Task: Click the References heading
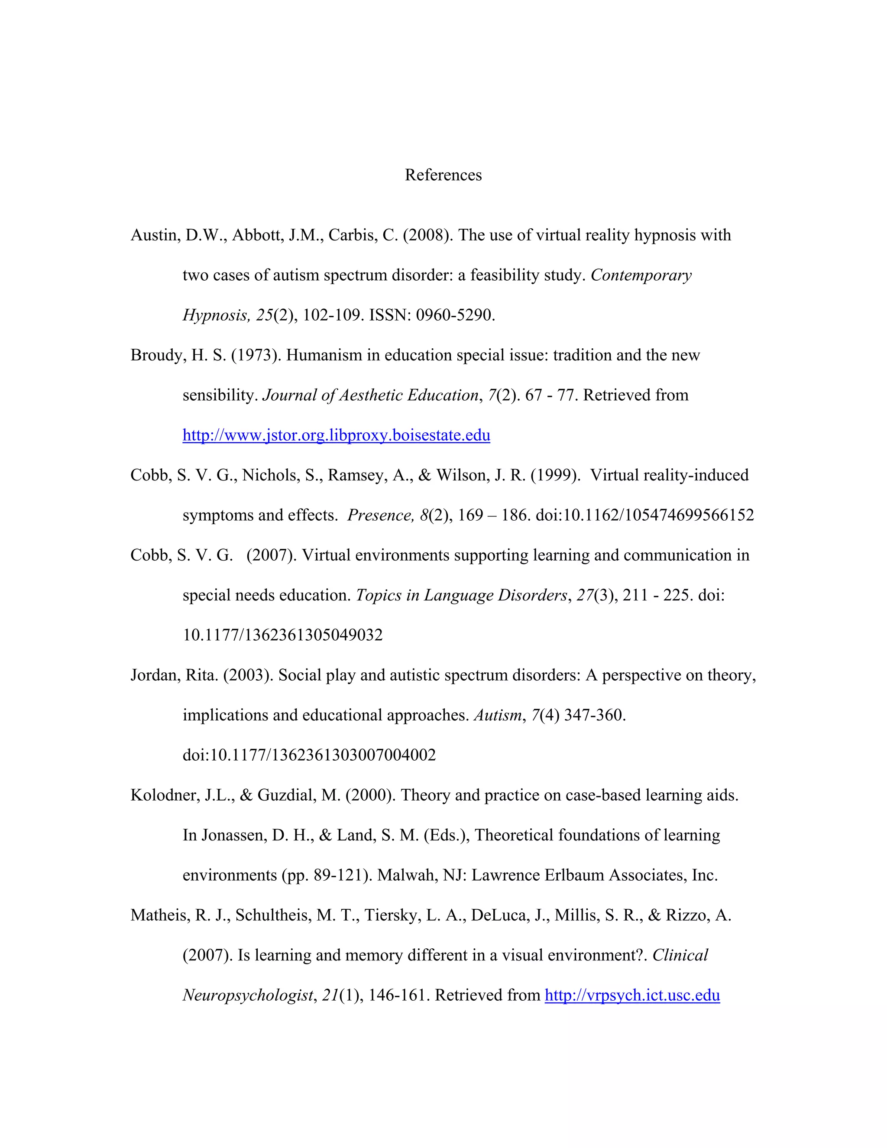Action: [443, 175]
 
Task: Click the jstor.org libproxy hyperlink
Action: [336, 435]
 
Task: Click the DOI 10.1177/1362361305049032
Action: [283, 635]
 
